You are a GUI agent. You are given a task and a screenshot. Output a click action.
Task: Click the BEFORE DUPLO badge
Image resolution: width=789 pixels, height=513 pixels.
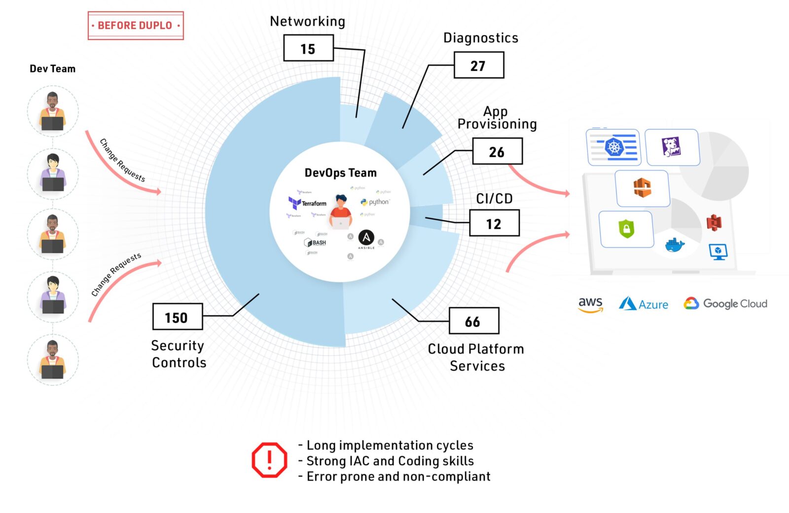pos(136,26)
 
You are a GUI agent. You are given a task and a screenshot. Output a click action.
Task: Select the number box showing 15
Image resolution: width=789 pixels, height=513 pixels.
pos(308,48)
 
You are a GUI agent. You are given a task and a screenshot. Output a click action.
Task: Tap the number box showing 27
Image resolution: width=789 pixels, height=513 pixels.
pos(478,66)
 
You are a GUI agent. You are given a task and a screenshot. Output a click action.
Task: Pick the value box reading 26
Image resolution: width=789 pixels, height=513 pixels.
pos(497,151)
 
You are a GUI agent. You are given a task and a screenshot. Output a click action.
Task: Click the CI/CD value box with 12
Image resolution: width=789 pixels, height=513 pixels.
pos(494,223)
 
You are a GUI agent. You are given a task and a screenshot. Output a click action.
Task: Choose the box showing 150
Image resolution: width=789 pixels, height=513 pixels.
pos(177,317)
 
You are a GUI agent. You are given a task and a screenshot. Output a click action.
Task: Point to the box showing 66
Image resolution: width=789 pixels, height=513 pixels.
pos(473,321)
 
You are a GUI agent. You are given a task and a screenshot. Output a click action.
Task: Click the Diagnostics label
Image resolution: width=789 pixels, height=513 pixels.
pos(481,38)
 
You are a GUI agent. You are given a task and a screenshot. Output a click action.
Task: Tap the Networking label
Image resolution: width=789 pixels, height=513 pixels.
pos(307,21)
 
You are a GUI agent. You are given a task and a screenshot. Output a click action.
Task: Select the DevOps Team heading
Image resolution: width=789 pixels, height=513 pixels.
pos(340,173)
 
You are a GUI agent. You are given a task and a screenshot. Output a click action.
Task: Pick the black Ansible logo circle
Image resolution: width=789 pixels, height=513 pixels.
pos(366,238)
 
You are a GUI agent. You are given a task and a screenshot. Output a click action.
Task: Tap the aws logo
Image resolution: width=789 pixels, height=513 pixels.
pos(590,304)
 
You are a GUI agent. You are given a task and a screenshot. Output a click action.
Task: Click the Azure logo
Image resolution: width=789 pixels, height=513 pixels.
pos(644,304)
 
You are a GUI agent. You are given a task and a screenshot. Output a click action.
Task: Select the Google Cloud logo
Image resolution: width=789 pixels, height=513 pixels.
pos(725,304)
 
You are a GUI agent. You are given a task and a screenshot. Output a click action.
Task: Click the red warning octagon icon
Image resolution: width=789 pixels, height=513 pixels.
pos(269,460)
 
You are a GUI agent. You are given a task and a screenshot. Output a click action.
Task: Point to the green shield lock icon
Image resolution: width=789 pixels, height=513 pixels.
pos(626,229)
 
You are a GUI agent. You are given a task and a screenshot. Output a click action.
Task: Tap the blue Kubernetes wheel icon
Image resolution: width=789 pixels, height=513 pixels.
pos(614,147)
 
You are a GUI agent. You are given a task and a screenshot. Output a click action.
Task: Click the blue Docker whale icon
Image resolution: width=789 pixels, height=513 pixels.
pos(675,244)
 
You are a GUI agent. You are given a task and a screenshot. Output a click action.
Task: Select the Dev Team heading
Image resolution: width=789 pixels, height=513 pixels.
pos(52,69)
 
